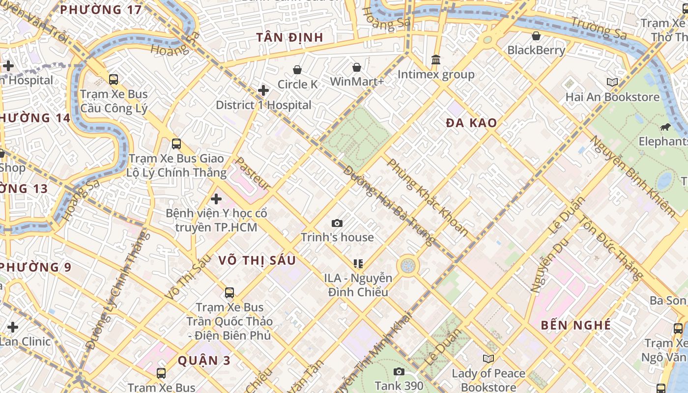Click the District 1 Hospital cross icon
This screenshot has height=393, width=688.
point(263,90)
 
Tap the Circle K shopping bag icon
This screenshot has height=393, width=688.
point(297,70)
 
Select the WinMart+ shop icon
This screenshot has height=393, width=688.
point(357,67)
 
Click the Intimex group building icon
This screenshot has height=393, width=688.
point(436,60)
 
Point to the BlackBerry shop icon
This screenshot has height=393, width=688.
point(536,36)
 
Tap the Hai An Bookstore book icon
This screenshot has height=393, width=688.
point(612,82)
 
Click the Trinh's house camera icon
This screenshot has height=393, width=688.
point(337,224)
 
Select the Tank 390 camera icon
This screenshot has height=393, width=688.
point(399,372)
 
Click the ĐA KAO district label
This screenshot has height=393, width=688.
point(471,123)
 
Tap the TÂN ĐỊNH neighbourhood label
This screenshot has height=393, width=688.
point(290,38)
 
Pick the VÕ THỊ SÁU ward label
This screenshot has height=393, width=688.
point(257,260)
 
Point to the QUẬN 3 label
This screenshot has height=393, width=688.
point(204,361)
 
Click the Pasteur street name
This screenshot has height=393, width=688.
point(253,173)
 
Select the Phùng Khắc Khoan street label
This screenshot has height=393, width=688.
point(428,196)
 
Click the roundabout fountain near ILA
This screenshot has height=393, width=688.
point(407,266)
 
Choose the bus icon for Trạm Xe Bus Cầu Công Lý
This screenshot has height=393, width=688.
point(114,79)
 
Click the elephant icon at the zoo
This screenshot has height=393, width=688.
point(666,128)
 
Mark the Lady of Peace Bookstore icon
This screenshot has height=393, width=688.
point(488,359)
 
